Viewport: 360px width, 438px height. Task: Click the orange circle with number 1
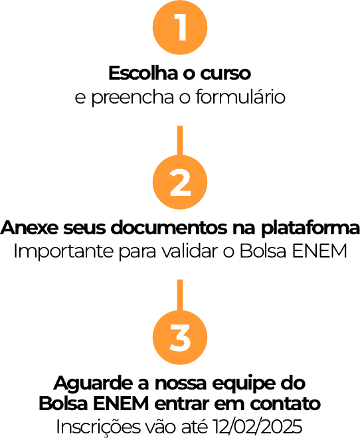180,27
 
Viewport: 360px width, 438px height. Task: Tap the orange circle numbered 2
180,182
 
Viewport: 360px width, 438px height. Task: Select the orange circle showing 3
180,337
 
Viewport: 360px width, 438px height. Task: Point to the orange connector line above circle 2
180,141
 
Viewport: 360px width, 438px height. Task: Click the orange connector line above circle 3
180,295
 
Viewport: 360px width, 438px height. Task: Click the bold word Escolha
143,73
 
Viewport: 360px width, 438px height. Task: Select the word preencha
133,98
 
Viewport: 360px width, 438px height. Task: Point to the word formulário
240,97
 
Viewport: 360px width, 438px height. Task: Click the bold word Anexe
30,228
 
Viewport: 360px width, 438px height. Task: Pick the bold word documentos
169,228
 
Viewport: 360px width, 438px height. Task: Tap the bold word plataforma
310,228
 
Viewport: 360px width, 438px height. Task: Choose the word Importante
63,251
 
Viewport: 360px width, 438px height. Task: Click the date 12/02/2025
257,427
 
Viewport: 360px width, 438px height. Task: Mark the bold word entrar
182,403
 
